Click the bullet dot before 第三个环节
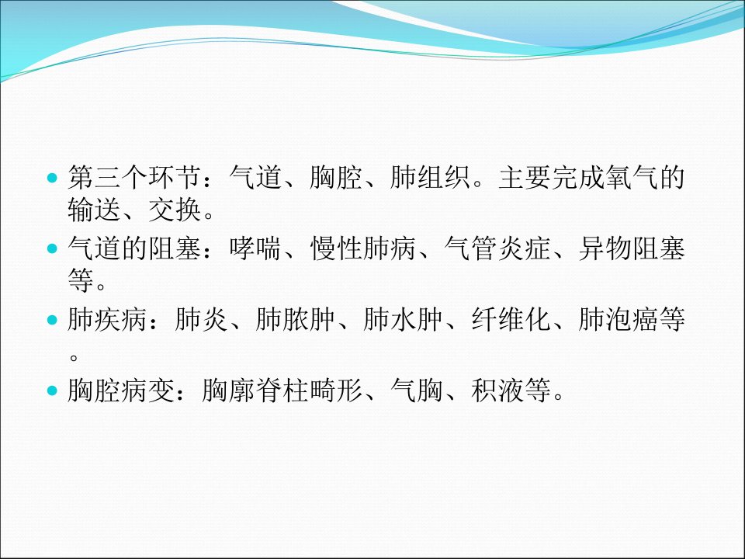[52, 179]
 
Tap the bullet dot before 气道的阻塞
[52, 248]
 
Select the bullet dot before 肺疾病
[52, 320]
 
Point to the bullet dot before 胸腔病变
[52, 391]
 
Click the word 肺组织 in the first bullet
[430, 177]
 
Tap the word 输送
[94, 209]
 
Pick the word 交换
[175, 209]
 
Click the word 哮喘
[255, 248]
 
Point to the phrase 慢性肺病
[363, 248]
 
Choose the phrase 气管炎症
[497, 248]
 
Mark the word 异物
[605, 248]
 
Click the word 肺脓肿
[296, 319]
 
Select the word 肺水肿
[404, 319]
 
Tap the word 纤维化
[511, 319]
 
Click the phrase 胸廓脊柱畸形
[282, 391]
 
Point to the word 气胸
[417, 391]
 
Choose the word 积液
[497, 391]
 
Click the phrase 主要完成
[551, 177]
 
